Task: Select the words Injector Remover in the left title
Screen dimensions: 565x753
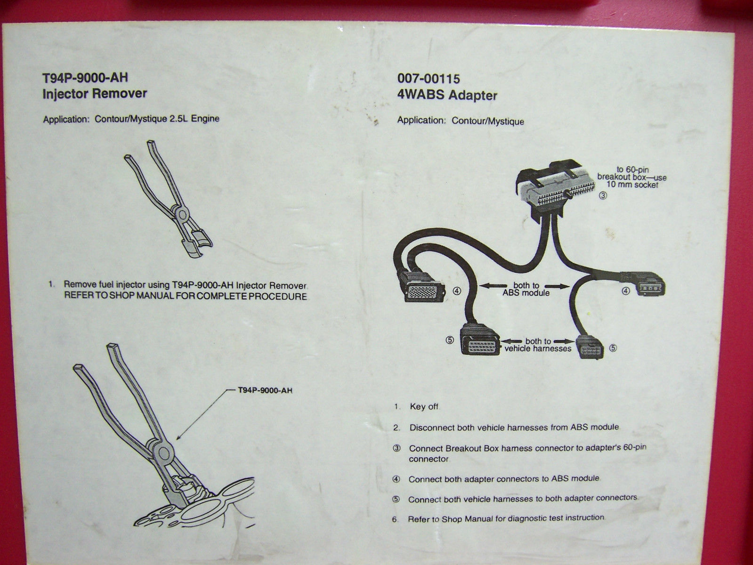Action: click(95, 94)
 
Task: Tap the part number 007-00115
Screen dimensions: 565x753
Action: click(429, 79)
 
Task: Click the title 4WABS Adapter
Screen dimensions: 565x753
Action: click(447, 96)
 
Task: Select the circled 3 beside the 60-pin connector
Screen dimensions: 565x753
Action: click(603, 197)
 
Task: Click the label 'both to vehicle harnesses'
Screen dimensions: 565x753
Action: click(538, 345)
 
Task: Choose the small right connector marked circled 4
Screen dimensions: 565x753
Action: click(648, 285)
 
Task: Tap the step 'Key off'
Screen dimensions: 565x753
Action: click(424, 407)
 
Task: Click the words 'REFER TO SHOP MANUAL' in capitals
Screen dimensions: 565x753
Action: click(113, 297)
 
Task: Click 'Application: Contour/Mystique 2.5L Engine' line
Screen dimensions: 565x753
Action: click(131, 119)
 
